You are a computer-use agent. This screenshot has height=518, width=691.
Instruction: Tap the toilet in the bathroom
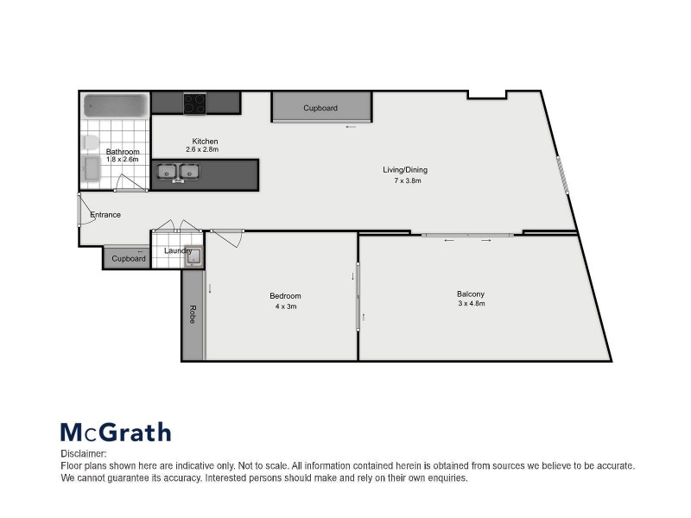(91, 142)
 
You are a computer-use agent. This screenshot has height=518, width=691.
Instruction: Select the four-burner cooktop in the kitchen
(194, 104)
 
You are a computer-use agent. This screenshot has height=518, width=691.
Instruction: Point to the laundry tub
(193, 256)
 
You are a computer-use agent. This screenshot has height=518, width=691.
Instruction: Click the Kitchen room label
(205, 141)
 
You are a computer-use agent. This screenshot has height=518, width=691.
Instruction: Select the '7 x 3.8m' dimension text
(405, 181)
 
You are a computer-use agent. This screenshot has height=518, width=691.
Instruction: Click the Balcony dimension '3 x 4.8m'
(471, 304)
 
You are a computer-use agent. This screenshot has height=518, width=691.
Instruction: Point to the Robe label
(192, 314)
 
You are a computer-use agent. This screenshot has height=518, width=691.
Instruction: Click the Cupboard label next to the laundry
(129, 258)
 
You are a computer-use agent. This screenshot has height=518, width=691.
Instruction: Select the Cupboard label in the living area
(320, 108)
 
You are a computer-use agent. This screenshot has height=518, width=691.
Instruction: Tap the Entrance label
(105, 215)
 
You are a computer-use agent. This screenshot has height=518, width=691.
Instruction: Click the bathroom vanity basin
(91, 169)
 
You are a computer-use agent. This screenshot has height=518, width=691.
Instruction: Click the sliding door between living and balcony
(467, 234)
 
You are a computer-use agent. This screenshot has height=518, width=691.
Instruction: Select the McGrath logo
(115, 432)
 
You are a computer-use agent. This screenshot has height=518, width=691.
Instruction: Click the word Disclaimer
(83, 453)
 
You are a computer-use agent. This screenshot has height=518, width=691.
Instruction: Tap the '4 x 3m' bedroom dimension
(285, 306)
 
